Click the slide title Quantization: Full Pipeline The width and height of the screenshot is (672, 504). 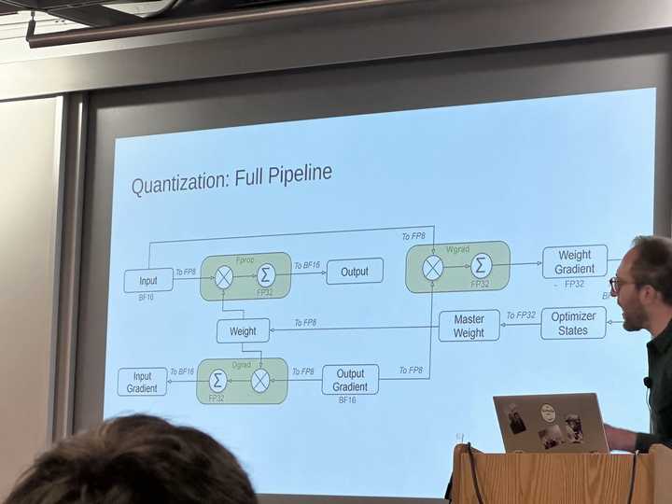click(x=231, y=177)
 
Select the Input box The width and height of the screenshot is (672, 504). click(x=148, y=280)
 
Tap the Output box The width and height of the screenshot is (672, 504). click(x=355, y=272)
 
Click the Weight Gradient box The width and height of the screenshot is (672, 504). click(x=574, y=261)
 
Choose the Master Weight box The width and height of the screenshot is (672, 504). click(x=469, y=326)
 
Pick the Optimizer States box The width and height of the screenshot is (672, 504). click(x=572, y=323)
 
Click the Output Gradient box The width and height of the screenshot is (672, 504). click(x=350, y=380)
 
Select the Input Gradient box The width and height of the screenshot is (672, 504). click(x=142, y=382)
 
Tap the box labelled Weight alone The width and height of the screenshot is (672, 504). click(x=243, y=330)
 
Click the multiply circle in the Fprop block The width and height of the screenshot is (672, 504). click(x=224, y=275)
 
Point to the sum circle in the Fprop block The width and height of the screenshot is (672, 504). click(x=266, y=274)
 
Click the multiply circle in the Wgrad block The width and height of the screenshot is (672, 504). click(x=433, y=268)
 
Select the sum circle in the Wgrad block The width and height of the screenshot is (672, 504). click(x=481, y=265)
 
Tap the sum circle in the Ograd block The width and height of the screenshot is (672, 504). click(x=217, y=380)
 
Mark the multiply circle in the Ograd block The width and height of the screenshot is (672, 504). click(x=260, y=380)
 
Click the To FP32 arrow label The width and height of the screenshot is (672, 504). click(x=521, y=315)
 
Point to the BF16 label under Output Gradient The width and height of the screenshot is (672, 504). click(x=347, y=399)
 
